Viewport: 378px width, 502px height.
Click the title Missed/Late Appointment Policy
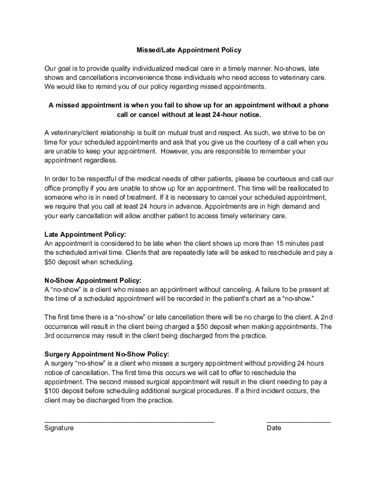[189, 50]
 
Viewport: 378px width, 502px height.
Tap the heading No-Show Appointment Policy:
[93, 280]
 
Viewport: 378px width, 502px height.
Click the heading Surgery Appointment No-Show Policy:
[107, 354]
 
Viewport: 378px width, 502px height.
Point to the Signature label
[59, 428]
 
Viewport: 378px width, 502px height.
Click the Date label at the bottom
[274, 428]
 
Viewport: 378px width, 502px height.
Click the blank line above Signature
[130, 421]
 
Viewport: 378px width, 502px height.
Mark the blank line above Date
[298, 421]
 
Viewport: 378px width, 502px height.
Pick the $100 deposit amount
[53, 391]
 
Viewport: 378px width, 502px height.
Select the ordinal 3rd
[50, 336]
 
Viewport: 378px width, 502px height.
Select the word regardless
[100, 160]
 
